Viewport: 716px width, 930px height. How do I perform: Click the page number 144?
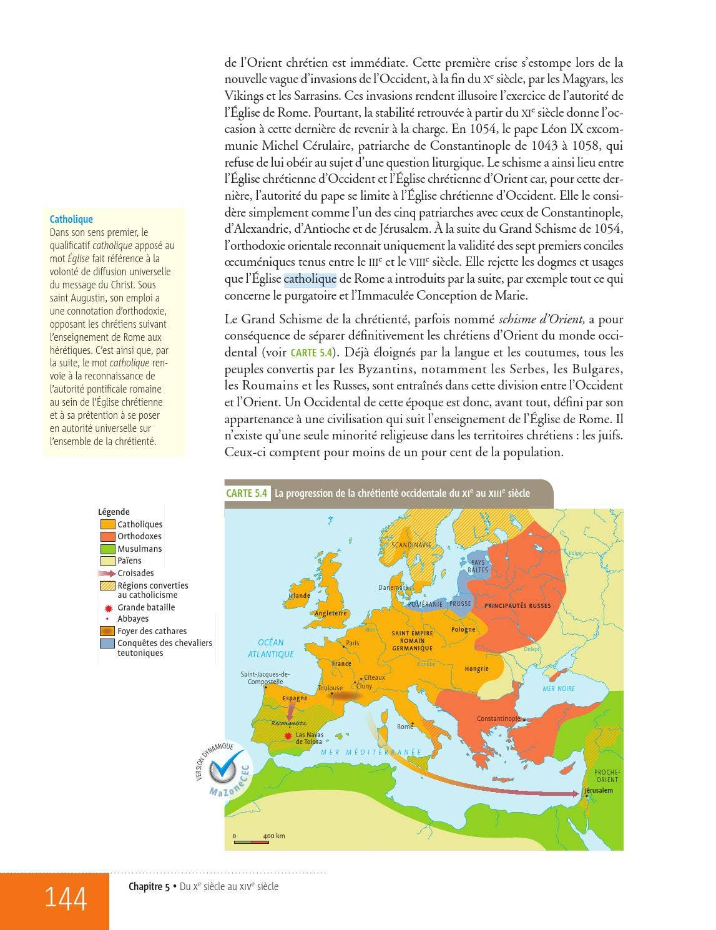[65, 898]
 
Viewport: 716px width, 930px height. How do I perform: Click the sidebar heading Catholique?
[71, 219]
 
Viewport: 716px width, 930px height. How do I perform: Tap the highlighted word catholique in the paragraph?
[310, 279]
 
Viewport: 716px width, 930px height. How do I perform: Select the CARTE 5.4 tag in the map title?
[247, 493]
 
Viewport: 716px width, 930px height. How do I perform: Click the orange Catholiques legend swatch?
[107, 525]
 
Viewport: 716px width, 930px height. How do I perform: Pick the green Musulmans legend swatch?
[107, 549]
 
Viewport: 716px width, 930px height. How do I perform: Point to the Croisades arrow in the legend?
[107, 573]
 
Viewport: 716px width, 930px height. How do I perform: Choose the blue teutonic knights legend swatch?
[107, 644]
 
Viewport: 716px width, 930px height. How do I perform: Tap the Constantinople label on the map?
[498, 718]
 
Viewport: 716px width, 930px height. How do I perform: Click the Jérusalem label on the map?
[599, 790]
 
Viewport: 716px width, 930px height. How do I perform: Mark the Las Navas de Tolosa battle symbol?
[288, 737]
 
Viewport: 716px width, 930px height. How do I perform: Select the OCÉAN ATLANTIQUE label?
[270, 648]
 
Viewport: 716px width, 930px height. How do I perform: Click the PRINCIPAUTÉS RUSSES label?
[517, 606]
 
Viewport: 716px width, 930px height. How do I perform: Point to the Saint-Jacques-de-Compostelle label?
[265, 678]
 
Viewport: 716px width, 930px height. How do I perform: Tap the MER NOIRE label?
[558, 688]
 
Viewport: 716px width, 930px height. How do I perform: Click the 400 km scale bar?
[252, 841]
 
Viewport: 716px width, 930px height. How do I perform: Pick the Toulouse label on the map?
[330, 688]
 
